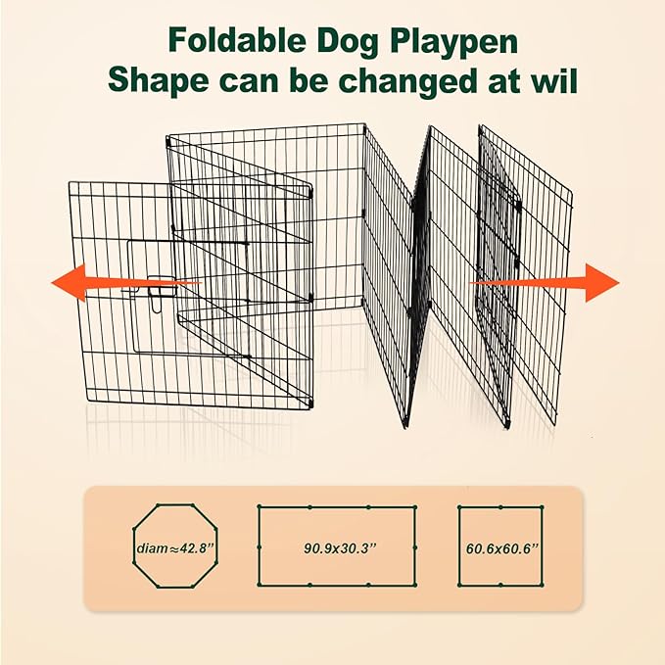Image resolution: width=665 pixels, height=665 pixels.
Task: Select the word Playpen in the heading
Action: tap(447, 41)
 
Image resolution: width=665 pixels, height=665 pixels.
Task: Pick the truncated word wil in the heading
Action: tap(550, 81)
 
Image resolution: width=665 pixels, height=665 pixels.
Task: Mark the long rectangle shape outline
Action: tap(336, 509)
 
